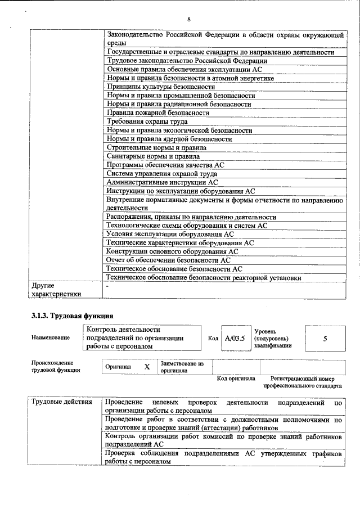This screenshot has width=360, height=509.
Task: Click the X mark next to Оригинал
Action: point(147,367)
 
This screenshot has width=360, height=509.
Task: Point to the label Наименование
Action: point(51,337)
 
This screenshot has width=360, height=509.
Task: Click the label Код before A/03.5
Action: point(213,339)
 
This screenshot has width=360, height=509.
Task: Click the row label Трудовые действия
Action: point(62,402)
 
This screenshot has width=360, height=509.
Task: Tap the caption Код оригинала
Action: point(236,379)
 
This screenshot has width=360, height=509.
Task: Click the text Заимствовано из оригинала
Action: point(182,367)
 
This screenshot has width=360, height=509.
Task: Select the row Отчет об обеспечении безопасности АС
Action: point(169,260)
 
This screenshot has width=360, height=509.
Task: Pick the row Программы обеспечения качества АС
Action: point(165,165)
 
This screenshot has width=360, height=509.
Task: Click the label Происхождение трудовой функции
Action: point(55,366)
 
